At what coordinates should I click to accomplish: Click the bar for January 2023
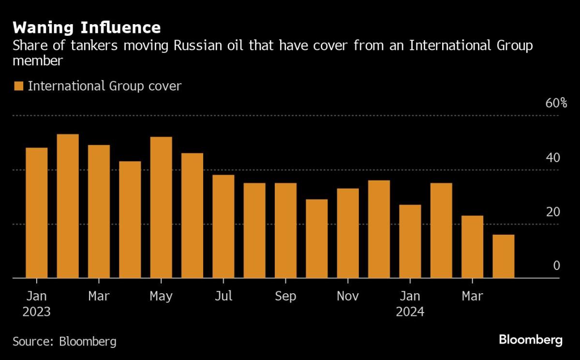click(x=37, y=213)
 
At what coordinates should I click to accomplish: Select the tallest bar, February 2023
click(x=68, y=206)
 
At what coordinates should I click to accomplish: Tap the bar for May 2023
click(x=161, y=208)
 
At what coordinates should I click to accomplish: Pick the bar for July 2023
click(x=223, y=226)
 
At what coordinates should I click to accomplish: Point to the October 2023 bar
click(x=317, y=239)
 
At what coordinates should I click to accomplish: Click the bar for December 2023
click(x=379, y=229)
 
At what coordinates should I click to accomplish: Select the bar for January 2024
click(x=410, y=241)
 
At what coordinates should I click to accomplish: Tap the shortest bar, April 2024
click(x=503, y=256)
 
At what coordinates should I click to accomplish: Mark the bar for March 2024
click(x=472, y=247)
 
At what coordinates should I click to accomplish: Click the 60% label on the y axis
click(x=556, y=103)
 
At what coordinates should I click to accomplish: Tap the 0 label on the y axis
click(x=556, y=266)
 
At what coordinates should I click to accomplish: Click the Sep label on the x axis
click(x=285, y=296)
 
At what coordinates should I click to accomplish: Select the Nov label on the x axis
click(x=348, y=296)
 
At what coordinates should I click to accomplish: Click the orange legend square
click(x=19, y=87)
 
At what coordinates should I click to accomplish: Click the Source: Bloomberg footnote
click(x=64, y=341)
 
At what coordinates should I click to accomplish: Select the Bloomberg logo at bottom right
click(x=531, y=340)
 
